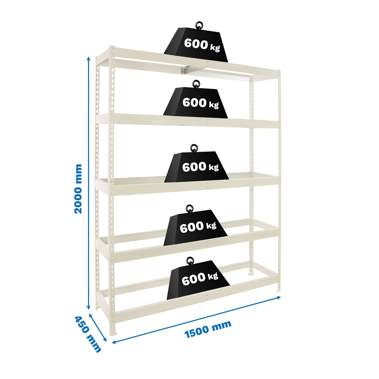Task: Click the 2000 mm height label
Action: coord(78,189)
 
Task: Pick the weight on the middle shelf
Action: coord(196,167)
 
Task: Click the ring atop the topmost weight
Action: coord(198,25)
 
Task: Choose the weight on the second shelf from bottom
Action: coord(196,228)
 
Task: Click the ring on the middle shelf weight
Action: coord(194,147)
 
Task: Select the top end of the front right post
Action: coord(280,71)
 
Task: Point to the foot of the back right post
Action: coord(251,273)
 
